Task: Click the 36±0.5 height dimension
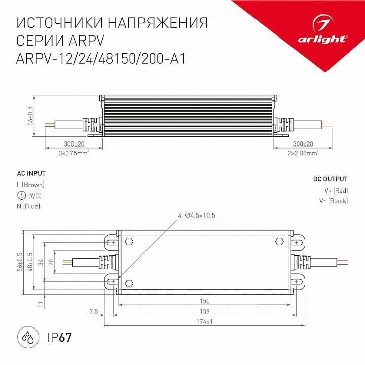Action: click(x=30, y=116)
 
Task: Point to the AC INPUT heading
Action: click(x=31, y=173)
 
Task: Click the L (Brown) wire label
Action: click(x=31, y=185)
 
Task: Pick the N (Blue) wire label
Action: click(x=28, y=206)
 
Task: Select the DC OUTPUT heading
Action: click(x=330, y=179)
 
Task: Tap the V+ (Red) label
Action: click(x=336, y=191)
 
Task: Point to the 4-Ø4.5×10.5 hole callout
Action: click(x=197, y=215)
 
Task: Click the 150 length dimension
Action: click(x=205, y=301)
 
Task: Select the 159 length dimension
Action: click(x=205, y=311)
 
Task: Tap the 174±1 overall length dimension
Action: click(x=205, y=322)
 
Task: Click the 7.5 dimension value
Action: click(x=93, y=311)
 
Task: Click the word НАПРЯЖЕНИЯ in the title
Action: click(x=157, y=23)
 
